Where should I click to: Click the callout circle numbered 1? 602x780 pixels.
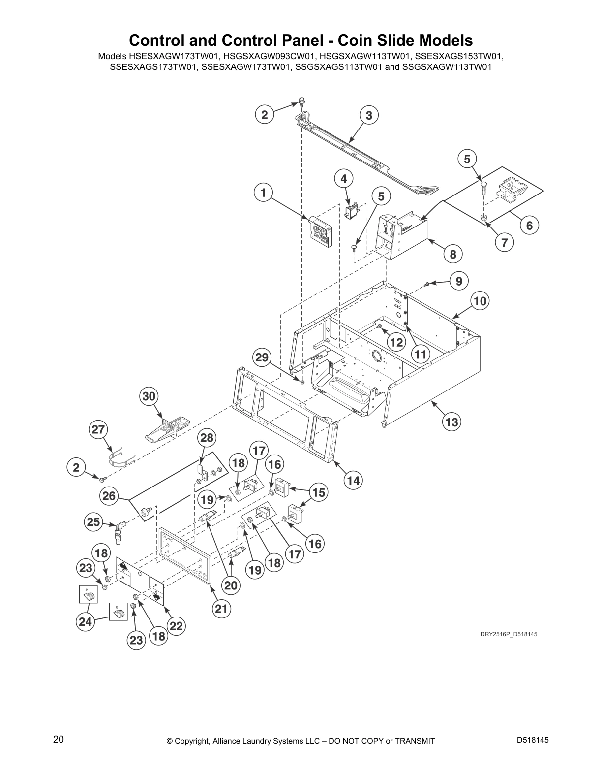[263, 193]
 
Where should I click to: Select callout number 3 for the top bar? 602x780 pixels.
[369, 116]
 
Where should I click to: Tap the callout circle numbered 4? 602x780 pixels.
[344, 179]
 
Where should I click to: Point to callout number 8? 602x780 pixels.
[453, 254]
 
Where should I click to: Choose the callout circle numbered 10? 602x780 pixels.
[480, 301]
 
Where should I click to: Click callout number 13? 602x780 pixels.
[452, 422]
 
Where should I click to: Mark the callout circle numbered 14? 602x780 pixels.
[354, 480]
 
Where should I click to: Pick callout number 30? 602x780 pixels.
[149, 396]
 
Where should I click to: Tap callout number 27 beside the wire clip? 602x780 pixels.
[98, 430]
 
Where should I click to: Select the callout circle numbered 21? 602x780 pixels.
[222, 609]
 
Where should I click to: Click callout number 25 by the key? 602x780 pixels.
[93, 521]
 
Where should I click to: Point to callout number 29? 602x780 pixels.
[262, 357]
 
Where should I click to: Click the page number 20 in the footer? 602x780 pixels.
[59, 740]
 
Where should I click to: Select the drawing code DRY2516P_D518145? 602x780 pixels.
[509, 634]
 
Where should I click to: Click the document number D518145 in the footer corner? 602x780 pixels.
[533, 740]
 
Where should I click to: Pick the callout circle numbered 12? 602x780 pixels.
[396, 342]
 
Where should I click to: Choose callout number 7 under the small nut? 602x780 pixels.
[504, 243]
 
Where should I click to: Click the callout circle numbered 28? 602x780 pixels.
[207, 438]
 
